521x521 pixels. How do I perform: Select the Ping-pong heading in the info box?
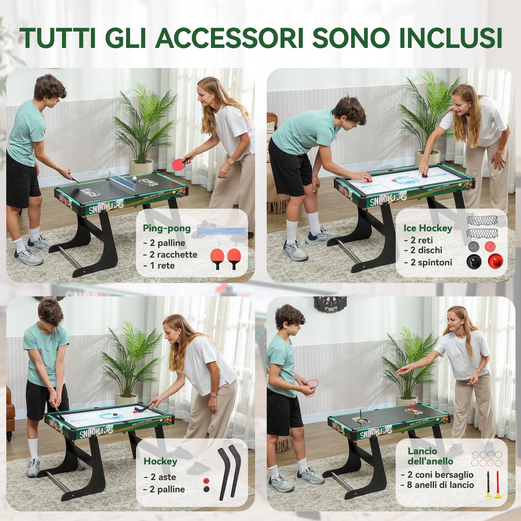(x=167, y=228)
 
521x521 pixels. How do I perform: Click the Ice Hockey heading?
(x=428, y=228)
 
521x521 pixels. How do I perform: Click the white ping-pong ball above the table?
(x=134, y=178)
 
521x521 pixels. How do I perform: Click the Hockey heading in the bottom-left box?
(x=160, y=461)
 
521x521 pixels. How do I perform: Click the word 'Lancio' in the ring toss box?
(x=422, y=451)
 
